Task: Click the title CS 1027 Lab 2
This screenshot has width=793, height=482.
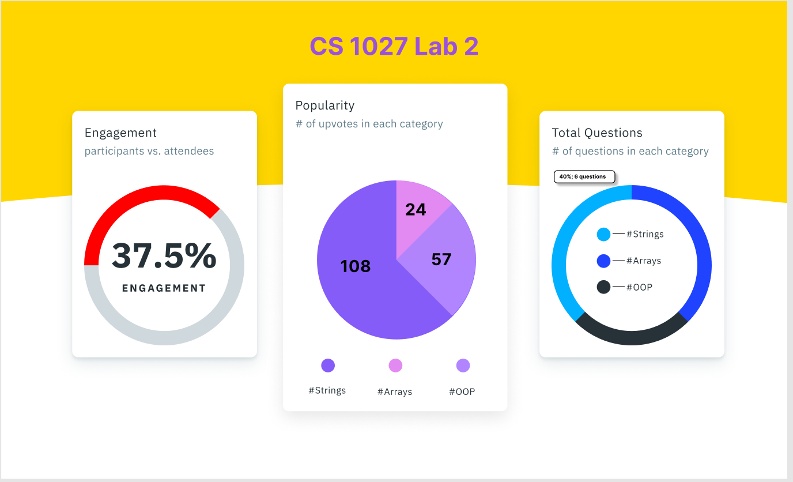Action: pyautogui.click(x=394, y=47)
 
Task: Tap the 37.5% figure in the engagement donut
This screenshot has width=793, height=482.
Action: pyautogui.click(x=164, y=256)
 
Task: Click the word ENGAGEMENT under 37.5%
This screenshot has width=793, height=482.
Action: pyautogui.click(x=164, y=288)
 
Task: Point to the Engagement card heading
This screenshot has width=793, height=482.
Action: pyautogui.click(x=120, y=133)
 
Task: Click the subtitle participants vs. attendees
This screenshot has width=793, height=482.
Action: pyautogui.click(x=149, y=151)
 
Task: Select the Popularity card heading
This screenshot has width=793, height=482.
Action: pyautogui.click(x=324, y=106)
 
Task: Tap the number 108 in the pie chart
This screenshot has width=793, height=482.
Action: pyautogui.click(x=356, y=266)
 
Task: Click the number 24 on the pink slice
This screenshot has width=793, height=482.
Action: pyautogui.click(x=416, y=209)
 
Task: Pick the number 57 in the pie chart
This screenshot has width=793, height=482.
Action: pyautogui.click(x=441, y=259)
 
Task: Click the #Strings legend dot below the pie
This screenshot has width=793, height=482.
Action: pyautogui.click(x=328, y=366)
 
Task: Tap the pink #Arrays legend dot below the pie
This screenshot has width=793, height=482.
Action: pyautogui.click(x=395, y=366)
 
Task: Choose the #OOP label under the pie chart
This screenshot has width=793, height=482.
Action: pyautogui.click(x=462, y=391)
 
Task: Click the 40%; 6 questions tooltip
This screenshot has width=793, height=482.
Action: pyautogui.click(x=584, y=176)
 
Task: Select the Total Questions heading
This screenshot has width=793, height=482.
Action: pyautogui.click(x=597, y=133)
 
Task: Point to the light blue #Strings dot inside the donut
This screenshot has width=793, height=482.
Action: pyautogui.click(x=603, y=234)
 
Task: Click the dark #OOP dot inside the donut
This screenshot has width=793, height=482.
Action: pyautogui.click(x=603, y=287)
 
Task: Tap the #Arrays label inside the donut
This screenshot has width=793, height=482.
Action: pyautogui.click(x=644, y=261)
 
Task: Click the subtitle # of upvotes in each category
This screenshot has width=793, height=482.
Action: pyautogui.click(x=369, y=124)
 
